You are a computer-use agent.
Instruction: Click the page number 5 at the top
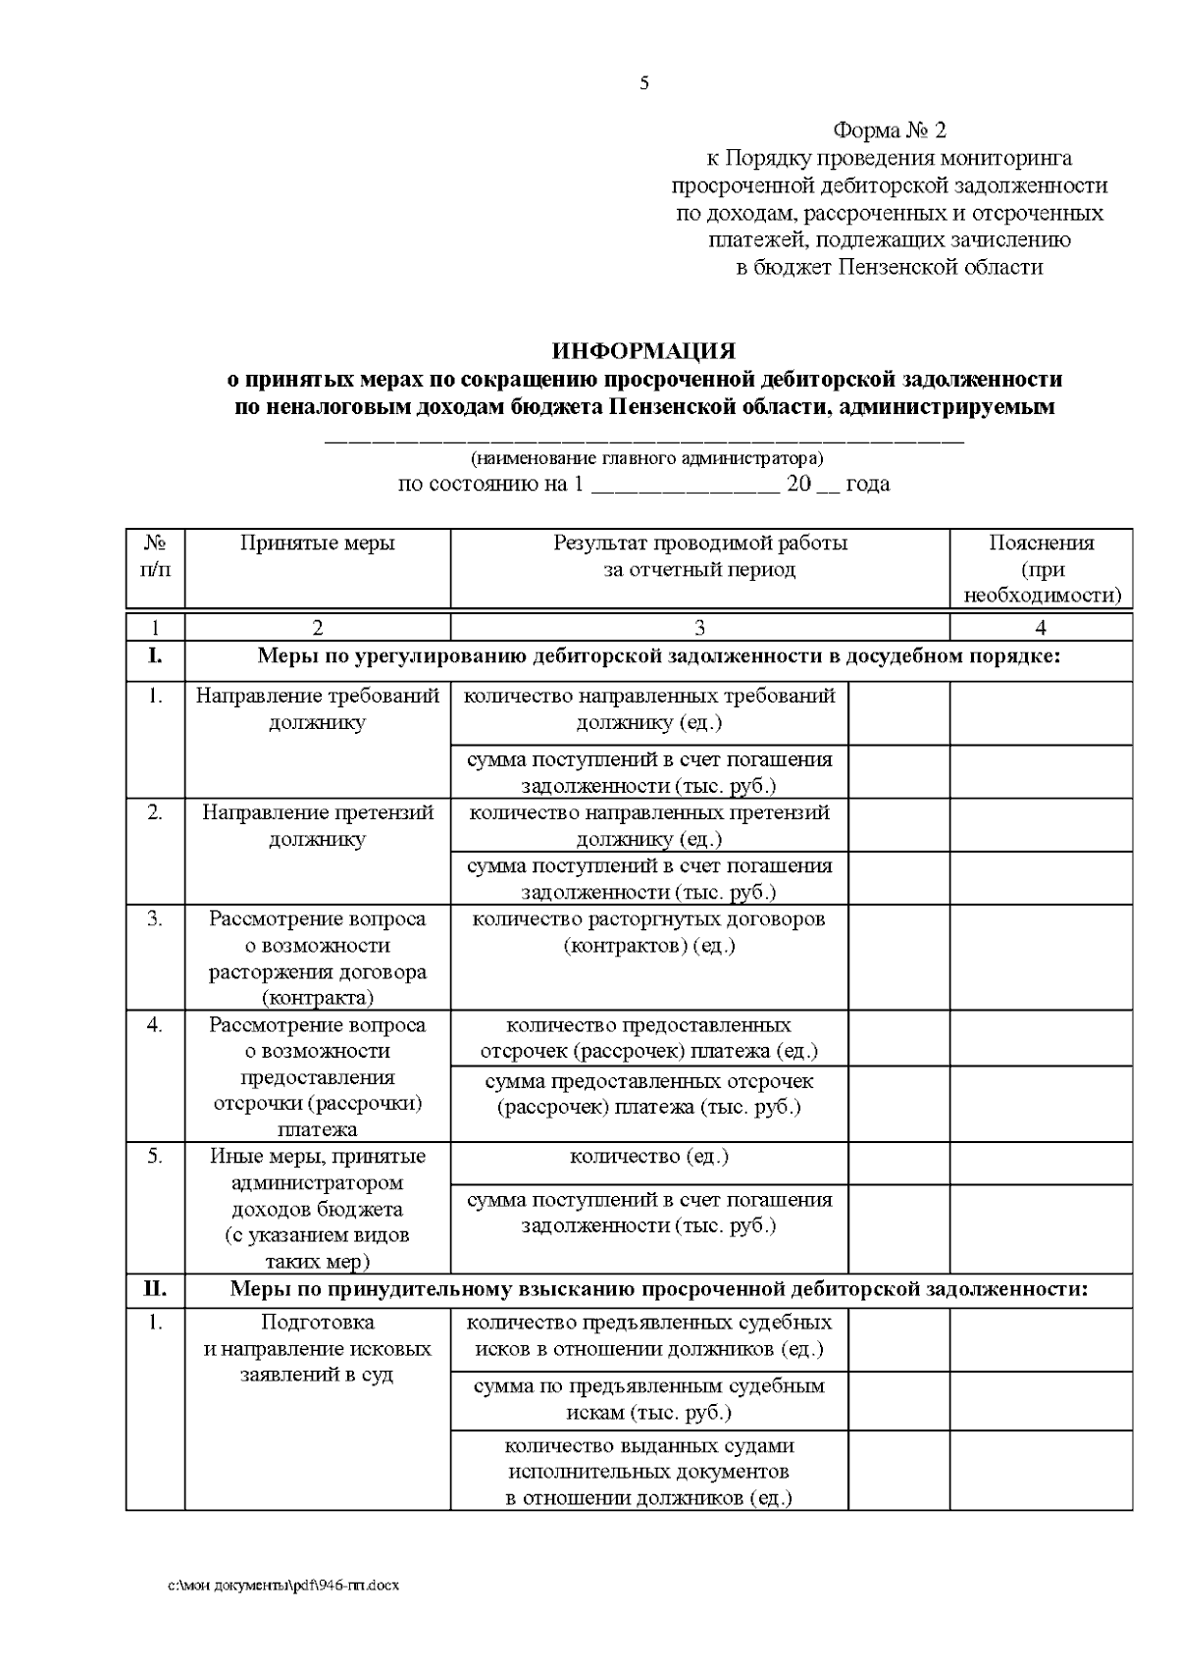point(643,83)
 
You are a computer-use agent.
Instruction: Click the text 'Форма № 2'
point(889,130)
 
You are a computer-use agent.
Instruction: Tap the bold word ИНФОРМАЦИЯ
point(643,351)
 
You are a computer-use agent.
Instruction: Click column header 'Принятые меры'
point(317,544)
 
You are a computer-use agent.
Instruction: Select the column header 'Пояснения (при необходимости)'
point(1041,569)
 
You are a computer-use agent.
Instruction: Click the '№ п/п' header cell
point(155,556)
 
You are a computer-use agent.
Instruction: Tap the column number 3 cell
point(699,628)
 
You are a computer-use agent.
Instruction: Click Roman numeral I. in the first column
point(155,656)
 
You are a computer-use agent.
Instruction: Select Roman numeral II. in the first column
point(155,1289)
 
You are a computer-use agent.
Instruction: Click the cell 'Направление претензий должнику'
point(317,826)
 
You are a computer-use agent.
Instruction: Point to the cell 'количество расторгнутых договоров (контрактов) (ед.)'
point(648,932)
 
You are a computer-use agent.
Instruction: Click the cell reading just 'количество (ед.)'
point(648,1157)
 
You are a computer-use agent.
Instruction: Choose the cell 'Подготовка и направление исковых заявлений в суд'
point(317,1348)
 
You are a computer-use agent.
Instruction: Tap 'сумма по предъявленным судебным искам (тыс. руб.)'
point(648,1399)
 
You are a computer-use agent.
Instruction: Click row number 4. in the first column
point(155,1024)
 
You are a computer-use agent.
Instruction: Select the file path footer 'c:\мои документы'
point(283,1586)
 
